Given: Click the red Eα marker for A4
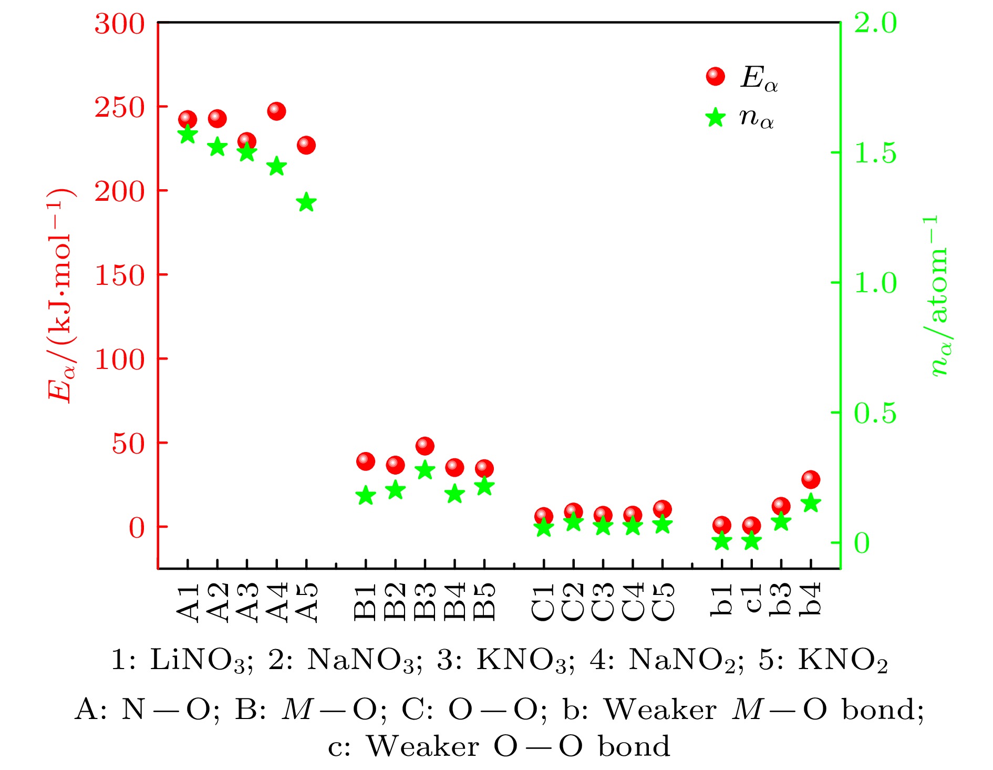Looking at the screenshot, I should pyautogui.click(x=276, y=111).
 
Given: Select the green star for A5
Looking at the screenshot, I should pyautogui.click(x=306, y=202).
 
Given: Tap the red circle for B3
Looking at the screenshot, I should pyautogui.click(x=425, y=446).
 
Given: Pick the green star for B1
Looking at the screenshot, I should pyautogui.click(x=366, y=495).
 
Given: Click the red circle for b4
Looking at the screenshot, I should pyautogui.click(x=811, y=479).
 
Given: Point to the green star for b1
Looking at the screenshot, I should pyautogui.click(x=722, y=541).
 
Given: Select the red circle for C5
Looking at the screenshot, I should pyautogui.click(x=663, y=509).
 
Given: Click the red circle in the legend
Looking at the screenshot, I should pyautogui.click(x=715, y=77).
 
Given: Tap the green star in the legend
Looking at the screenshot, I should pyautogui.click(x=715, y=117).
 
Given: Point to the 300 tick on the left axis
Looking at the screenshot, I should pyautogui.click(x=119, y=24).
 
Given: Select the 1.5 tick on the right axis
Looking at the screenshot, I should pyautogui.click(x=875, y=153).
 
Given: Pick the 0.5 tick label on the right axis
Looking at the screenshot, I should pyautogui.click(x=875, y=413).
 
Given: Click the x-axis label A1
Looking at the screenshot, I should pyautogui.click(x=188, y=602).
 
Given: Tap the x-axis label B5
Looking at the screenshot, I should pyautogui.click(x=484, y=602).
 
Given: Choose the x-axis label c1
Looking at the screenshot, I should pyautogui.click(x=752, y=599).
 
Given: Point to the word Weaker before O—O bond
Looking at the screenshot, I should pyautogui.click(x=422, y=746).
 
